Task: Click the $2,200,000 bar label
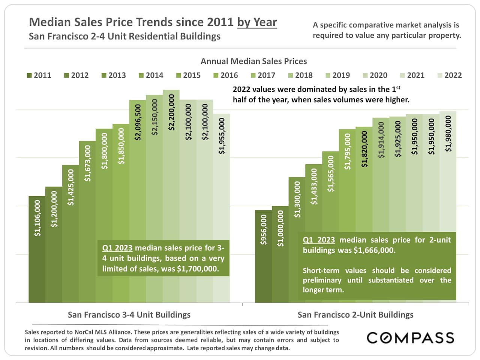coord(171,112)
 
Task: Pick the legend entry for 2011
coord(39,75)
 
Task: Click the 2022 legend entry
coord(450,75)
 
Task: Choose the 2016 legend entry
coord(226,75)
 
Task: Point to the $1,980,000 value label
coord(448,133)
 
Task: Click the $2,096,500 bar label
coord(138,122)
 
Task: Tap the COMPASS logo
coord(410,338)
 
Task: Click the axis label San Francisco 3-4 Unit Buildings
coord(129,315)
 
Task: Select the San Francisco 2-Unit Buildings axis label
coord(355,315)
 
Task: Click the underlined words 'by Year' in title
coord(257,22)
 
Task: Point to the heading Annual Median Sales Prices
coord(253,61)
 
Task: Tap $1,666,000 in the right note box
coord(374,250)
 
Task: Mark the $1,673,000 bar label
coord(87,163)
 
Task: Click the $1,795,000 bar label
coord(348,151)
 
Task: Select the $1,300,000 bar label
coord(297,199)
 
